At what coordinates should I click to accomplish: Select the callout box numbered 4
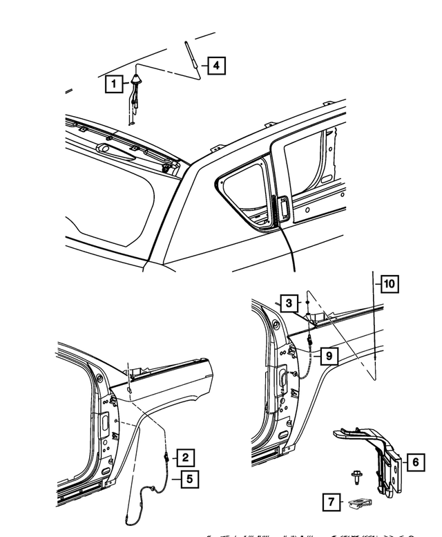click(x=216, y=66)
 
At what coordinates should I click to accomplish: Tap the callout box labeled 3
click(x=289, y=303)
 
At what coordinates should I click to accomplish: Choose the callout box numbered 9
click(x=329, y=355)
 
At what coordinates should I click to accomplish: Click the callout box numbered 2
click(x=184, y=457)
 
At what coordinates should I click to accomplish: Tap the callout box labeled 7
click(x=332, y=502)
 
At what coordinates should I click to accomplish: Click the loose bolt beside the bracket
click(x=354, y=478)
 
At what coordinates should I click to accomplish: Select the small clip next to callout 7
click(x=359, y=504)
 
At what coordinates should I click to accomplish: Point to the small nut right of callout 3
click(x=307, y=304)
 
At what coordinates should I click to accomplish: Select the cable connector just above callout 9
click(x=310, y=340)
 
